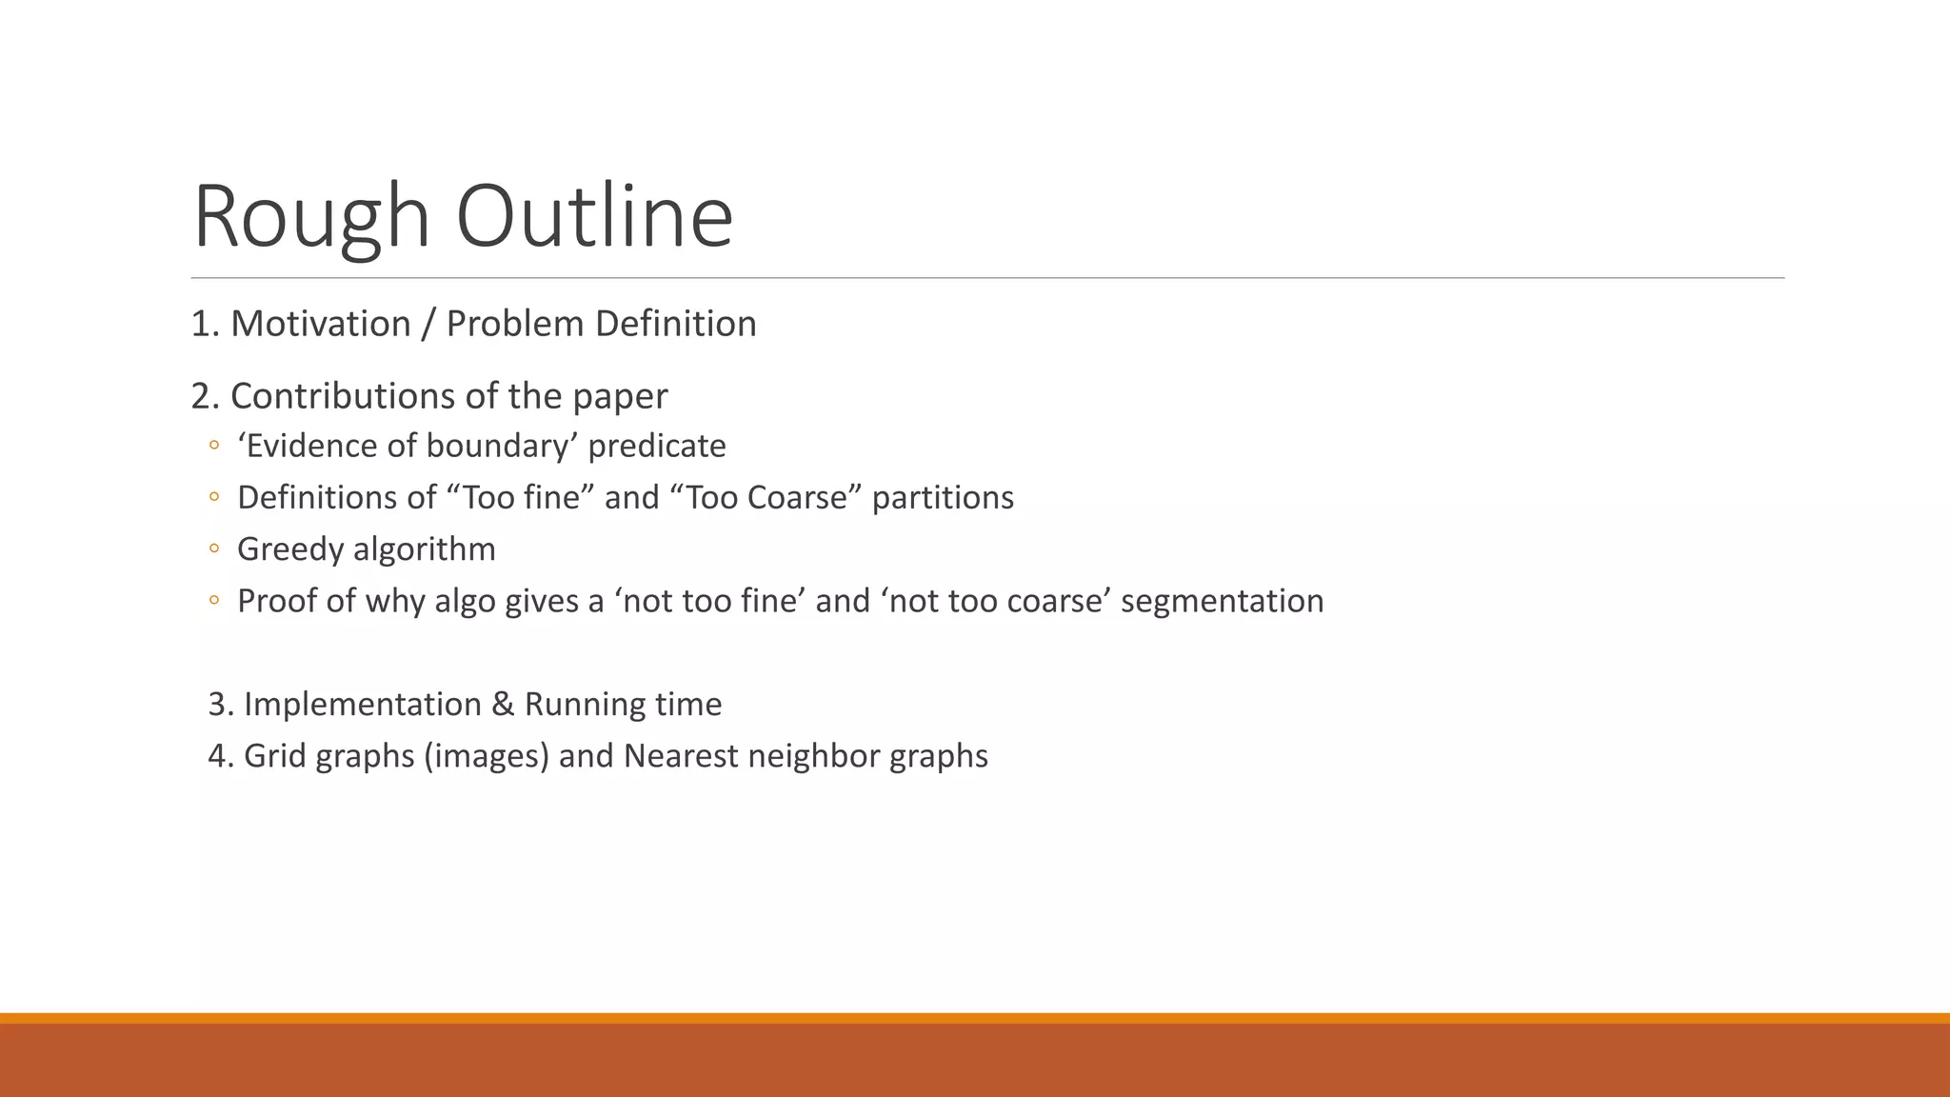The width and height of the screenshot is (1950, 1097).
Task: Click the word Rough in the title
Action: (x=311, y=217)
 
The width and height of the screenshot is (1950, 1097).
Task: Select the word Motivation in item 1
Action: (x=320, y=324)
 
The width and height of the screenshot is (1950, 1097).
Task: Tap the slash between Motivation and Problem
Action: (x=428, y=324)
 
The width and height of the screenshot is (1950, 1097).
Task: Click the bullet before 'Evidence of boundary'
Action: (x=214, y=446)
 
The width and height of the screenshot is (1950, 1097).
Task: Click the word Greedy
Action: (x=289, y=549)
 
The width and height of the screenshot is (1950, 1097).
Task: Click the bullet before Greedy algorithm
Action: (x=214, y=548)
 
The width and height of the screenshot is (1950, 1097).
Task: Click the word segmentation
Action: (x=1222, y=601)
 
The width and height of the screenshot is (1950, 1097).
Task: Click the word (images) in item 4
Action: (x=487, y=756)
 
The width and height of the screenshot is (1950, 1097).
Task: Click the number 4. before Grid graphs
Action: (x=221, y=756)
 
